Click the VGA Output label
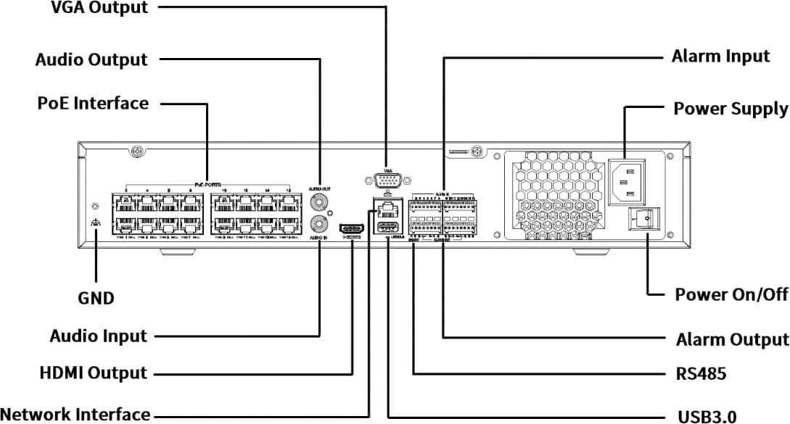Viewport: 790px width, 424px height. click(x=99, y=9)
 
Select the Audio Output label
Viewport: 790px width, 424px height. click(x=91, y=59)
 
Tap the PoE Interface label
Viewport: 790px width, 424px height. click(x=93, y=103)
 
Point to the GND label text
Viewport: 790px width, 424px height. click(x=96, y=297)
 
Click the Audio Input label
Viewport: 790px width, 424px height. click(x=98, y=336)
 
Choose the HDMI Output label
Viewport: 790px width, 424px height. click(x=93, y=373)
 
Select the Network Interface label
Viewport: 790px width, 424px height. click(x=75, y=415)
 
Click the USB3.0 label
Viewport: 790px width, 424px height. click(x=707, y=416)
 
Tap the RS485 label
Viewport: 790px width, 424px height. click(x=696, y=375)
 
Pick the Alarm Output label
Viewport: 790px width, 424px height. click(x=732, y=339)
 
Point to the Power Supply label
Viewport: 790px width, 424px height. click(x=731, y=109)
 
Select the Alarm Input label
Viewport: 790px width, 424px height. click(x=720, y=57)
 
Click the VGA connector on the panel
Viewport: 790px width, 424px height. click(x=385, y=180)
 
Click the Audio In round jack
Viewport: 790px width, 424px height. click(x=318, y=223)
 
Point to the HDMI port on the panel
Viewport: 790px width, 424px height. click(x=352, y=226)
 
